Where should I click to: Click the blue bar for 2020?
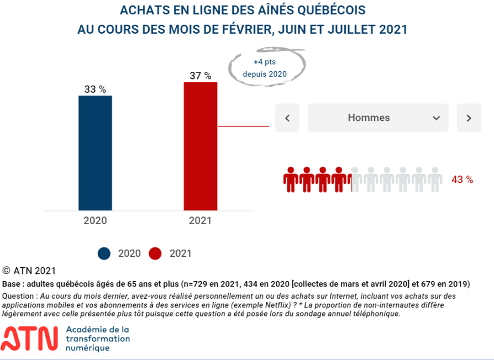pos(95,153)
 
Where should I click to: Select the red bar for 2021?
pos(201,146)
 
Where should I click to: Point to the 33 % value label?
pos(95,89)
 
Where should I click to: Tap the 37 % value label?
pos(201,76)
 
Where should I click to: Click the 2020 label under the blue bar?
pos(95,220)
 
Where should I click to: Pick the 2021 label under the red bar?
pos(200,220)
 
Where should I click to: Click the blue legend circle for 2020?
pos(105,253)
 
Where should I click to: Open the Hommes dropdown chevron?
pos(436,118)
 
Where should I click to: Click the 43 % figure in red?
pos(462,179)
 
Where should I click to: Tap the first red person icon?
pos(291,179)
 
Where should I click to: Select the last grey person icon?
pos(435,179)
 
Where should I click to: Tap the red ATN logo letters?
pos(31,338)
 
